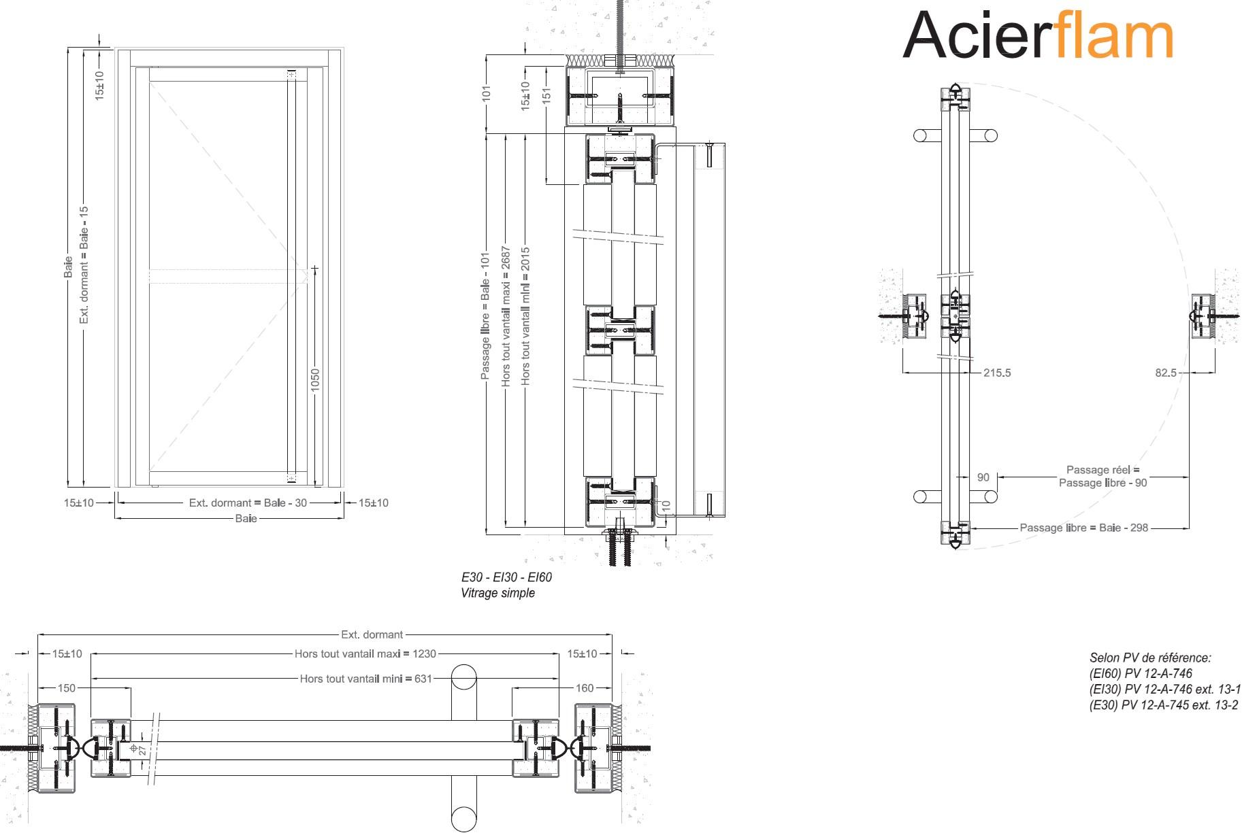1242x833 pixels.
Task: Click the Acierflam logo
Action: [1037, 35]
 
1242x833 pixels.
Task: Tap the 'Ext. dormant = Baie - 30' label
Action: [248, 503]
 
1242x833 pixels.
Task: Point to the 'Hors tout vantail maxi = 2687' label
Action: [506, 317]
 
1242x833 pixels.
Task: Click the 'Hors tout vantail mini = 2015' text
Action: [525, 317]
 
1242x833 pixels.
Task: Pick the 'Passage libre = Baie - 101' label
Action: [485, 317]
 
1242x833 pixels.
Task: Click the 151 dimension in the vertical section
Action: [546, 96]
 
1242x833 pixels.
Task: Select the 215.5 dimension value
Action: [997, 373]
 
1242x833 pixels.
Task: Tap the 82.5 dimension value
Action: [1166, 373]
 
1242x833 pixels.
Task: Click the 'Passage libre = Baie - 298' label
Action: [1083, 528]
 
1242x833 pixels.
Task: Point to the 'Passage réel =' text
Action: [1102, 470]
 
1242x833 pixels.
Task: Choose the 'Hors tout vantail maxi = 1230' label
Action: [365, 654]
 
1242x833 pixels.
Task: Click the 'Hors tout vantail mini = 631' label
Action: [365, 679]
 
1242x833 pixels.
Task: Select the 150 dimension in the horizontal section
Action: [67, 688]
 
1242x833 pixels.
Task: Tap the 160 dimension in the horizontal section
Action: [585, 688]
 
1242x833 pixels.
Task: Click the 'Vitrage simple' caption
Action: [497, 593]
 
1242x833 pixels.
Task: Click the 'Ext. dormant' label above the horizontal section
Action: [372, 635]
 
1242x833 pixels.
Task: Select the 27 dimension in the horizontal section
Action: [143, 749]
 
